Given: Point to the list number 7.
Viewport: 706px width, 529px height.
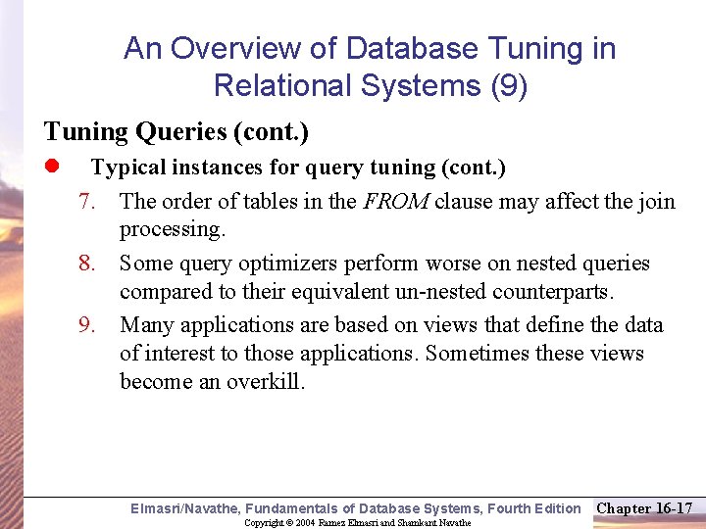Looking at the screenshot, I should point(87,202).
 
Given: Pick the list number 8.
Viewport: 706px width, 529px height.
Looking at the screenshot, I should point(87,264).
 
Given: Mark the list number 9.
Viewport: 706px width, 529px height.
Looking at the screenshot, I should point(87,325).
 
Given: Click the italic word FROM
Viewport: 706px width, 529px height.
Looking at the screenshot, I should point(396,202).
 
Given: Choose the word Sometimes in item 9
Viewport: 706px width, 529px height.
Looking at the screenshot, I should point(476,354).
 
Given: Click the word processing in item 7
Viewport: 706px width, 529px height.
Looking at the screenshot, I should point(172,230).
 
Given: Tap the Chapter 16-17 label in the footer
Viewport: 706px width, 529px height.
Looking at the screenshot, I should point(644,507).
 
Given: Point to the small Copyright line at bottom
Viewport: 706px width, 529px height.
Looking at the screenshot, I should point(357,523).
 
